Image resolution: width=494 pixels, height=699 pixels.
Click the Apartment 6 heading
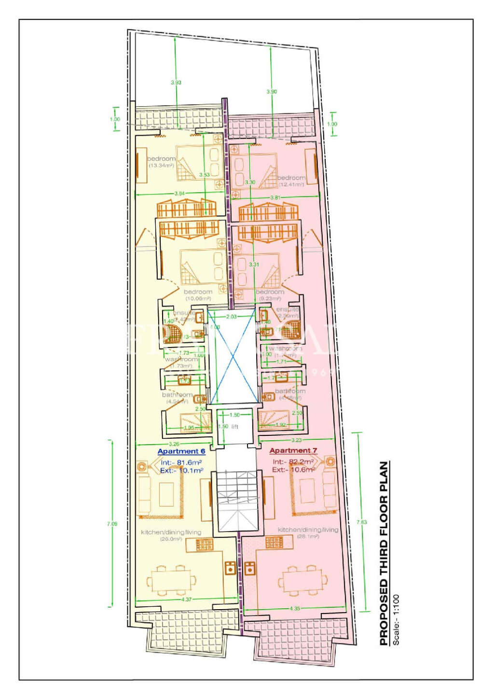point(181,451)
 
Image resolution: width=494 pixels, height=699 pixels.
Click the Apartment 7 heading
point(293,450)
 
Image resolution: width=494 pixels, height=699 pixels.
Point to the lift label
point(234,427)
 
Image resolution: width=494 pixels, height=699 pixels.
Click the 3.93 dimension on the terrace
point(176,83)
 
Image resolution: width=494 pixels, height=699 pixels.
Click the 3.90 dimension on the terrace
point(272,91)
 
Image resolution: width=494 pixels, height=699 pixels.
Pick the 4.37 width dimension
point(187,600)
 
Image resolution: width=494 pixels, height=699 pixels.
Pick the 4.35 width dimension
point(295,608)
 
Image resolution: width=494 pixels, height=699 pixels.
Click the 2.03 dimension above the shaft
point(232,317)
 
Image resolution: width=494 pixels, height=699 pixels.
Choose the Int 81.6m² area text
point(182,462)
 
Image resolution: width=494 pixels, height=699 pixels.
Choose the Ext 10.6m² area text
point(293,469)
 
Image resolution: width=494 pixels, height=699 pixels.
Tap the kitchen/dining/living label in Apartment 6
point(171,532)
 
